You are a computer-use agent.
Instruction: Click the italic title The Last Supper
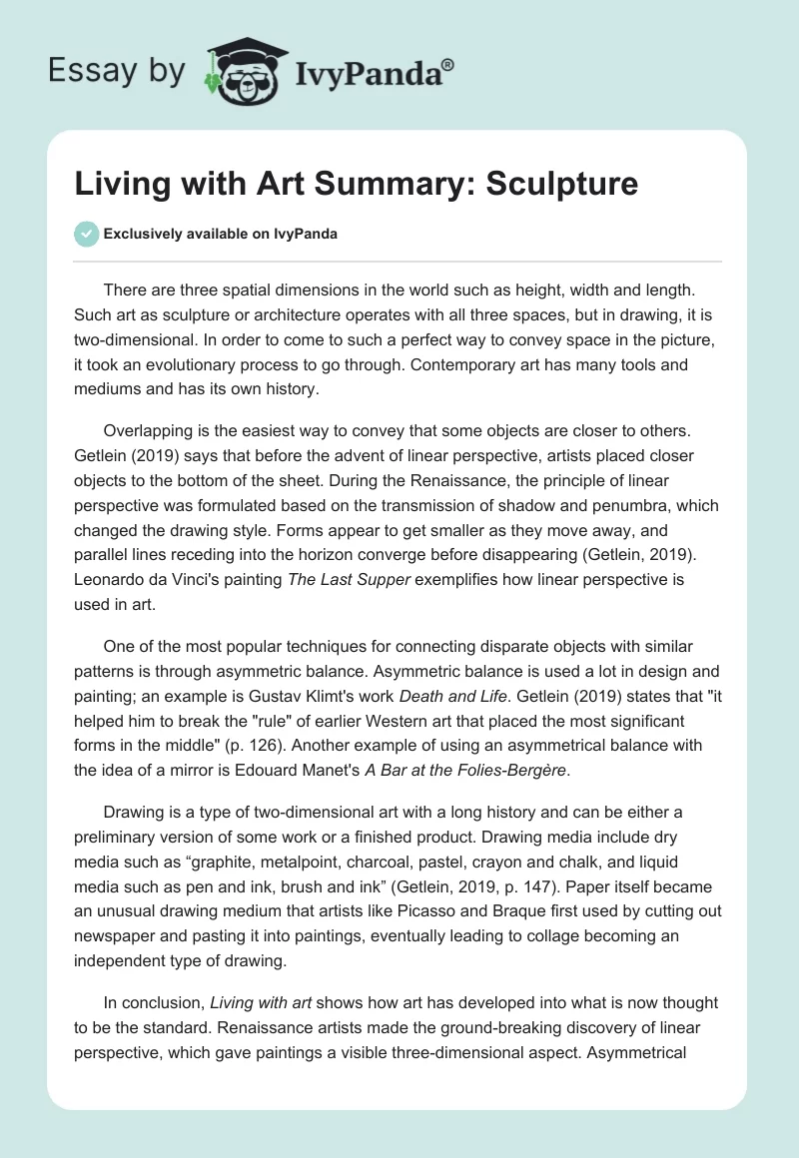[349, 581]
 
